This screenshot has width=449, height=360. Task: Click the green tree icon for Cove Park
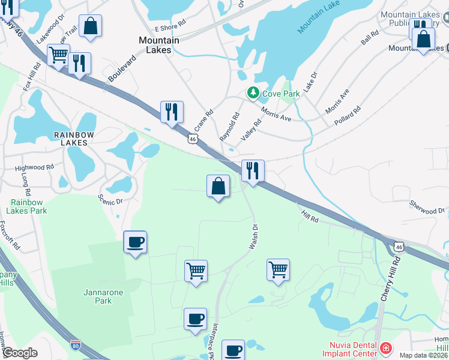(x=253, y=93)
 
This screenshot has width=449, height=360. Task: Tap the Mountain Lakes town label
(x=159, y=45)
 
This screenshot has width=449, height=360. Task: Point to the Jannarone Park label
(x=98, y=296)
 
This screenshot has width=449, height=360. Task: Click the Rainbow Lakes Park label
(x=28, y=207)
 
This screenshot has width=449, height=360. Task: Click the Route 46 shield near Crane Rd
(x=192, y=139)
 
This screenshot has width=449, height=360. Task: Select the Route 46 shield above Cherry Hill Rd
(x=399, y=246)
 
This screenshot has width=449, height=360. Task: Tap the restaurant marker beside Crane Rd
(x=172, y=112)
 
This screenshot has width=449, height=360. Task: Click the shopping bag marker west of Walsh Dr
(x=218, y=186)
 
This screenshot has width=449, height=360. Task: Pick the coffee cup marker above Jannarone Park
(x=135, y=242)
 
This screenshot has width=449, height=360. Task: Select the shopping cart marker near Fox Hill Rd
(x=58, y=55)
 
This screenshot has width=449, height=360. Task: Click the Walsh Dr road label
(x=253, y=238)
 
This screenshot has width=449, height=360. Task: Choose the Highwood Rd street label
(x=34, y=168)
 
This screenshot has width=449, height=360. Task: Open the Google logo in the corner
(x=20, y=353)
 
